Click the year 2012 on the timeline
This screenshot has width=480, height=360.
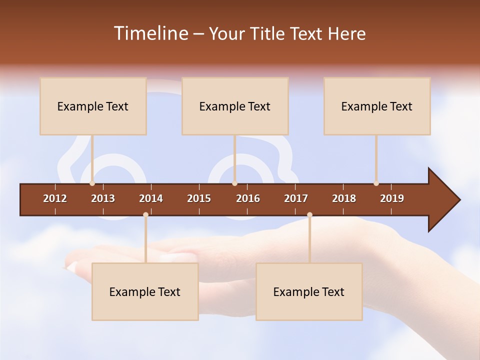coord(55,198)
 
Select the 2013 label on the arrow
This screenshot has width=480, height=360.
coord(103,198)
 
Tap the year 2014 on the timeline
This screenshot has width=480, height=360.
coord(151,198)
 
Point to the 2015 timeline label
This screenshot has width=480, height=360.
coord(199,198)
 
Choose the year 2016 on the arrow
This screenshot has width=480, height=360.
coord(248,198)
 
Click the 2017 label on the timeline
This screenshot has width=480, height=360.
coord(296,198)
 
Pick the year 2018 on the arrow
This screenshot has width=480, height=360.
coord(344,198)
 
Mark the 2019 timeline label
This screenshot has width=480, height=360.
coord(392,198)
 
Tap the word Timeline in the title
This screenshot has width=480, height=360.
coord(150,33)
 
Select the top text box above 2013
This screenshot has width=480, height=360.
coord(93,106)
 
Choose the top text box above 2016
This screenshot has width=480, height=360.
coord(235,106)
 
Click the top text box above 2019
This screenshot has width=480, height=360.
coord(377,106)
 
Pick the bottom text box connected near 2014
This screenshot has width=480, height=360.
coord(145,291)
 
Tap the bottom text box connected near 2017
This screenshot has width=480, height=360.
coord(309,291)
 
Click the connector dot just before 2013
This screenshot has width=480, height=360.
coord(92,183)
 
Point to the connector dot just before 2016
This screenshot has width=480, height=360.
coord(234,183)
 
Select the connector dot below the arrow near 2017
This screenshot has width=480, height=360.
coord(309,215)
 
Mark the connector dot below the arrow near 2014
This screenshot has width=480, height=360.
coord(145,215)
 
